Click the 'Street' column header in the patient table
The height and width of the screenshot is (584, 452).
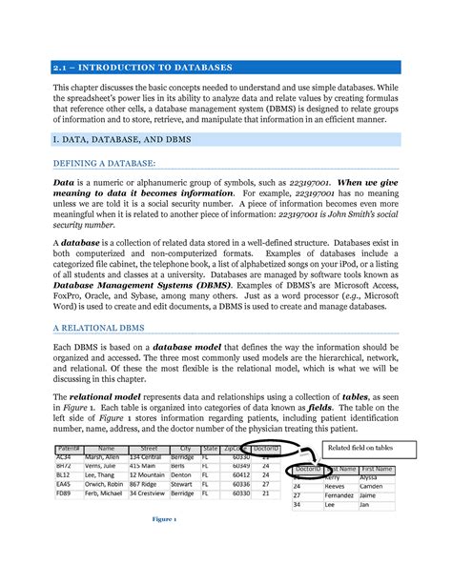149,448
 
